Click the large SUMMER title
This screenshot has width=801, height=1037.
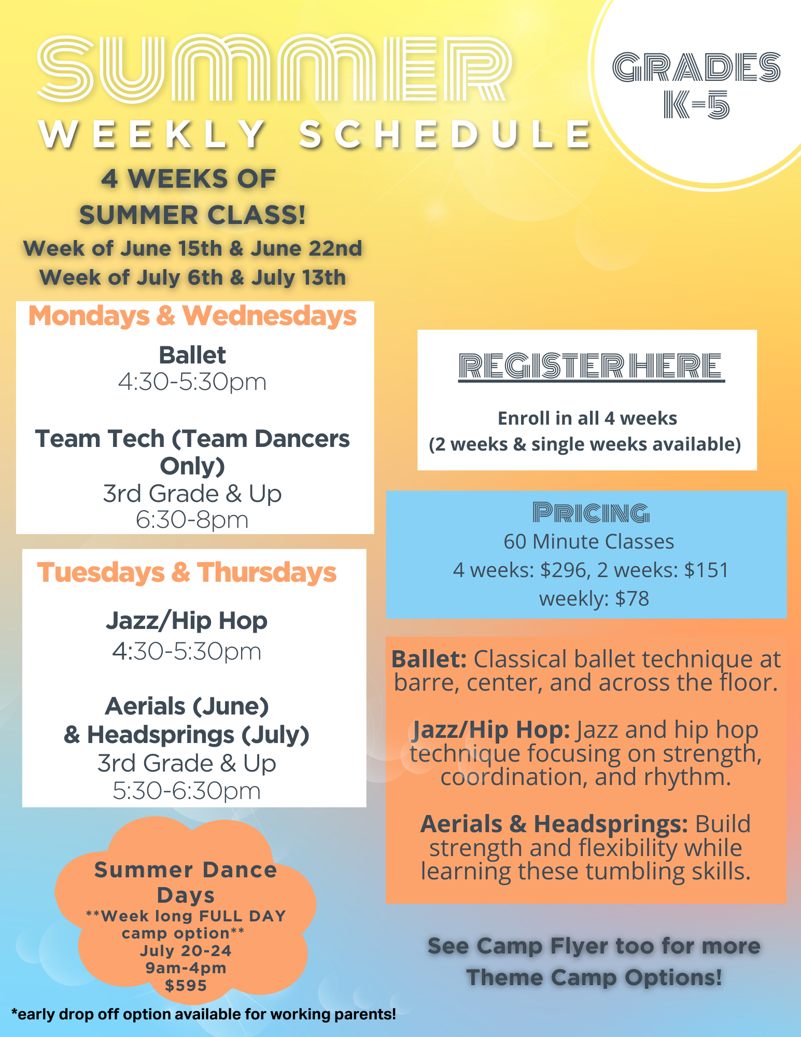275,68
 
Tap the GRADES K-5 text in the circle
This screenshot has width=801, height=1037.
696,86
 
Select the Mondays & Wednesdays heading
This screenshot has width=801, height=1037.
192,316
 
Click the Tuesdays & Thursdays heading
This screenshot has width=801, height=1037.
187,573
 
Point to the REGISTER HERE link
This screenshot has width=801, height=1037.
591,367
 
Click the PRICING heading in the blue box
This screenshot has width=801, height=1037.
591,513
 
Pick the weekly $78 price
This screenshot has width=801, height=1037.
594,599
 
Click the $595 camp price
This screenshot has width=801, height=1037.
186,986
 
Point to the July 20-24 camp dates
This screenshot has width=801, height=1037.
186,951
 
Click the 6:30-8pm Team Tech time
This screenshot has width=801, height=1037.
192,520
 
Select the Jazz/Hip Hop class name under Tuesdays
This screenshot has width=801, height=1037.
187,621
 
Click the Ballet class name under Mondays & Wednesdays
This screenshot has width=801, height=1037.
192,356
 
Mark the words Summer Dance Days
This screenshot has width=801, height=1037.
186,882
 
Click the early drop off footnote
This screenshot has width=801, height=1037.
204,1014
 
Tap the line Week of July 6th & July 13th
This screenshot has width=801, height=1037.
192,278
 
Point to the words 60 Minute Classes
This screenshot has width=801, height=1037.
589,542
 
